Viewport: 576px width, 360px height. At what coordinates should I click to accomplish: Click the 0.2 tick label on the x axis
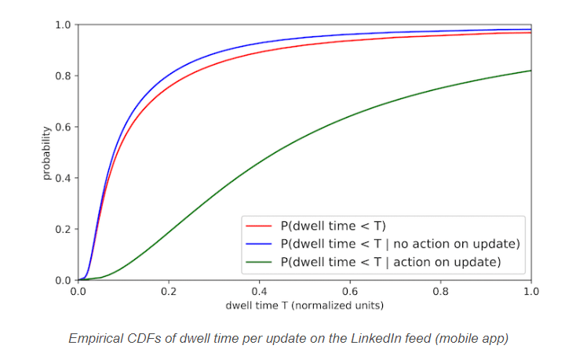click(169, 291)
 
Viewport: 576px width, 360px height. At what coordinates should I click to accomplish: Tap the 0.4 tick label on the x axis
click(260, 291)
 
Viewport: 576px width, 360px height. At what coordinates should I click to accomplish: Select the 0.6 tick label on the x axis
click(350, 291)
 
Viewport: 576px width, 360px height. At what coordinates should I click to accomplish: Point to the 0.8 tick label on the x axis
click(441, 291)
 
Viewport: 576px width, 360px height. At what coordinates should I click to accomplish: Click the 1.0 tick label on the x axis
click(531, 291)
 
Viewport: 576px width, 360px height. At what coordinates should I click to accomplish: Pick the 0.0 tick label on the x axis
click(78, 291)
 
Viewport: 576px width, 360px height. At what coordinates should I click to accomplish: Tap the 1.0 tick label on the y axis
click(63, 25)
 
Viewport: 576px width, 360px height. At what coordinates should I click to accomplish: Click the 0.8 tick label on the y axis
click(63, 76)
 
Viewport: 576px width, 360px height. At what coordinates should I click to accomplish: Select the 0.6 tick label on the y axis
click(63, 127)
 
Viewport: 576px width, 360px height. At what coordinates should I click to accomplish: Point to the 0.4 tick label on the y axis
click(63, 178)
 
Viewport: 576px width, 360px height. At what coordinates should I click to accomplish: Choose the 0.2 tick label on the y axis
click(63, 229)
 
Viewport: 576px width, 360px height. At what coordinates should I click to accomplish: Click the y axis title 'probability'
click(46, 152)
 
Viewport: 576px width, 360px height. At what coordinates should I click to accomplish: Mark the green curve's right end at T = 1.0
click(531, 71)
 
